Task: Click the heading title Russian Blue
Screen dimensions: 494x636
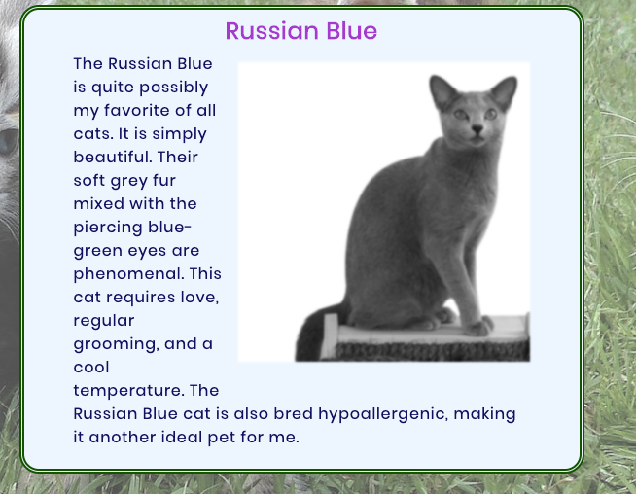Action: pos(300,31)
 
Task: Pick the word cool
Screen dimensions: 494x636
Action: pos(91,367)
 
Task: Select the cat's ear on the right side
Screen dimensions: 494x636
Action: pos(505,92)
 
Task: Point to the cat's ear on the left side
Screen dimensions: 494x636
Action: pos(442,90)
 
